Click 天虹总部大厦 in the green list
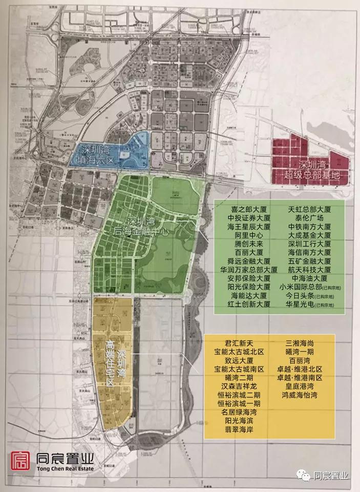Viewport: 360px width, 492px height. [309, 209]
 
